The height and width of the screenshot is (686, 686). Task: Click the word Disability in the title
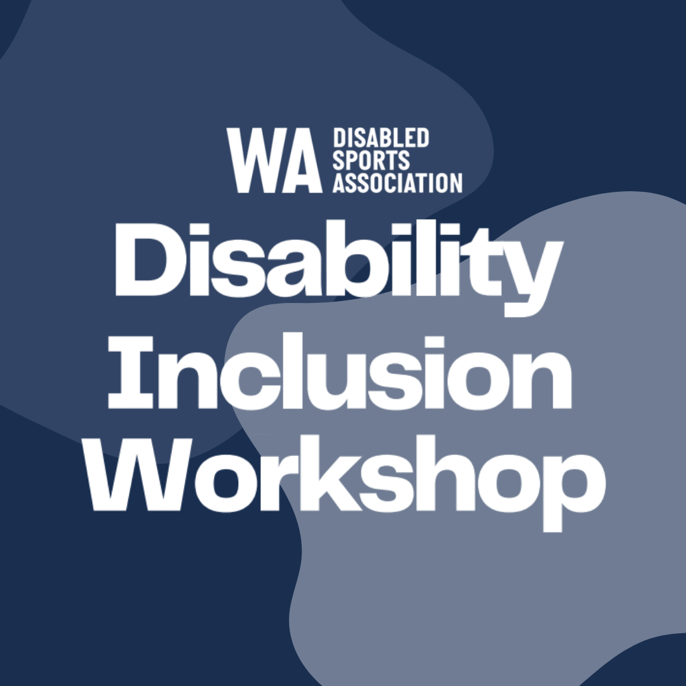coord(338,268)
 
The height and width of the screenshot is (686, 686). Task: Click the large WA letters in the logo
coord(274,160)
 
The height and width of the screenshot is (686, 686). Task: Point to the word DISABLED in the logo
coord(380,138)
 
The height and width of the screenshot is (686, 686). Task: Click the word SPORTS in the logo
coord(371,160)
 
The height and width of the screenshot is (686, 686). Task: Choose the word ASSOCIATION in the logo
coord(397,182)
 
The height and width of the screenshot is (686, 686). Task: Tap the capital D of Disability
coord(142,260)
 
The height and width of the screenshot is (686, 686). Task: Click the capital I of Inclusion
coord(130,373)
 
